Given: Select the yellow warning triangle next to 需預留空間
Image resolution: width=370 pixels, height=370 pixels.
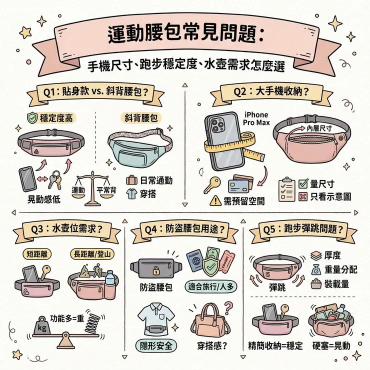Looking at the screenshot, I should coord(215,200).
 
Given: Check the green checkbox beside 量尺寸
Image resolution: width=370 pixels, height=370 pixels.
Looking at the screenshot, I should coord(303,184).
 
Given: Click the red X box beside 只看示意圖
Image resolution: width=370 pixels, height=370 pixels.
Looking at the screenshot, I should coord(303,196).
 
